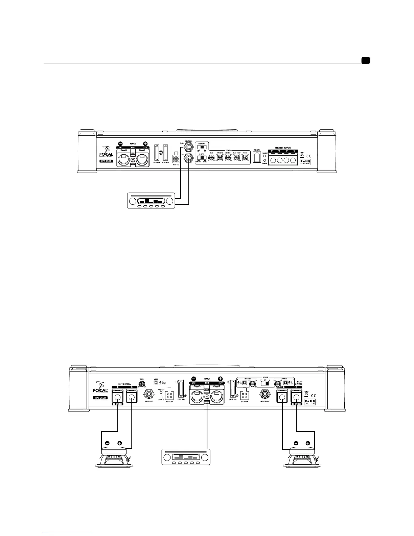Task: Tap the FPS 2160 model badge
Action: pos(100,397)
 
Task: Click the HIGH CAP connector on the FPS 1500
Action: pos(176,159)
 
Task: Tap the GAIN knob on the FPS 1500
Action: pos(211,157)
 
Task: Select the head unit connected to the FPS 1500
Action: pos(151,201)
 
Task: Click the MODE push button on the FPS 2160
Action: pos(156,383)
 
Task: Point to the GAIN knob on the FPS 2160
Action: pos(142,383)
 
